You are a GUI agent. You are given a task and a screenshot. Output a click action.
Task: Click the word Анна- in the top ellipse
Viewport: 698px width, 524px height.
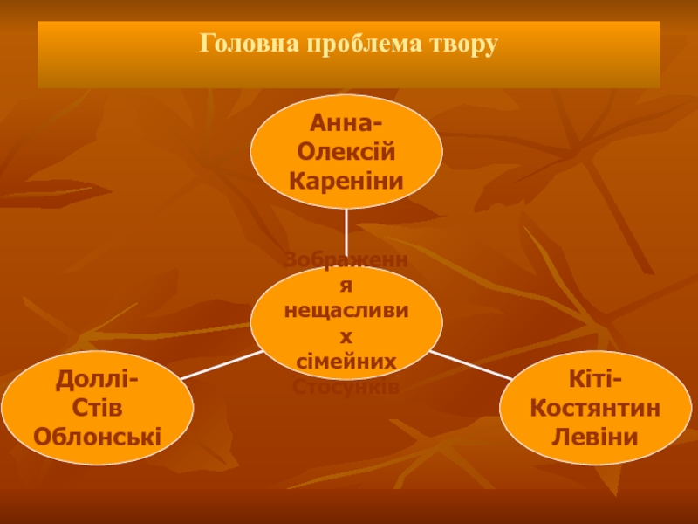click(347, 124)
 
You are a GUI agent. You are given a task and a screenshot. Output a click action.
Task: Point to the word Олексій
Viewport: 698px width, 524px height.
click(347, 153)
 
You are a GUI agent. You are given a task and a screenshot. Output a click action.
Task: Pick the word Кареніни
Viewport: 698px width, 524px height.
click(347, 182)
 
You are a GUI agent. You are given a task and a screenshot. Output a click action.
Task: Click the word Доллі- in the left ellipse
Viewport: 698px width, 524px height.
click(96, 380)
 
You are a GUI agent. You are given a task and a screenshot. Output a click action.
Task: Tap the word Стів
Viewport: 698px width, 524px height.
click(96, 408)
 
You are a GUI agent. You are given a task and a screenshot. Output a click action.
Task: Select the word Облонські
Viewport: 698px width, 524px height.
click(96, 436)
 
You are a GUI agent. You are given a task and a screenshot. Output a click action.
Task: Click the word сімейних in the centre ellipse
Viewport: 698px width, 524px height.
click(347, 361)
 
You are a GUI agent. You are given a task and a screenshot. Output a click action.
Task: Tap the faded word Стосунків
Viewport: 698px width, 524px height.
click(347, 386)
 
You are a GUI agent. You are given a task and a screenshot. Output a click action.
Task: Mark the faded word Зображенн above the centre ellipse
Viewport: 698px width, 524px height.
click(347, 259)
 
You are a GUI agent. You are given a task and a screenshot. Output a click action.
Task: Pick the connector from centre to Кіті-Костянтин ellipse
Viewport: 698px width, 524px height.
click(471, 366)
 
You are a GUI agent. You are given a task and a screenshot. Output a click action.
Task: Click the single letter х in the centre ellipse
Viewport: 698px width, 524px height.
click(347, 335)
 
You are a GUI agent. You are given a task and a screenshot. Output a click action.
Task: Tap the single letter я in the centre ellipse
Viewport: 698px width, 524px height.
click(347, 285)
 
